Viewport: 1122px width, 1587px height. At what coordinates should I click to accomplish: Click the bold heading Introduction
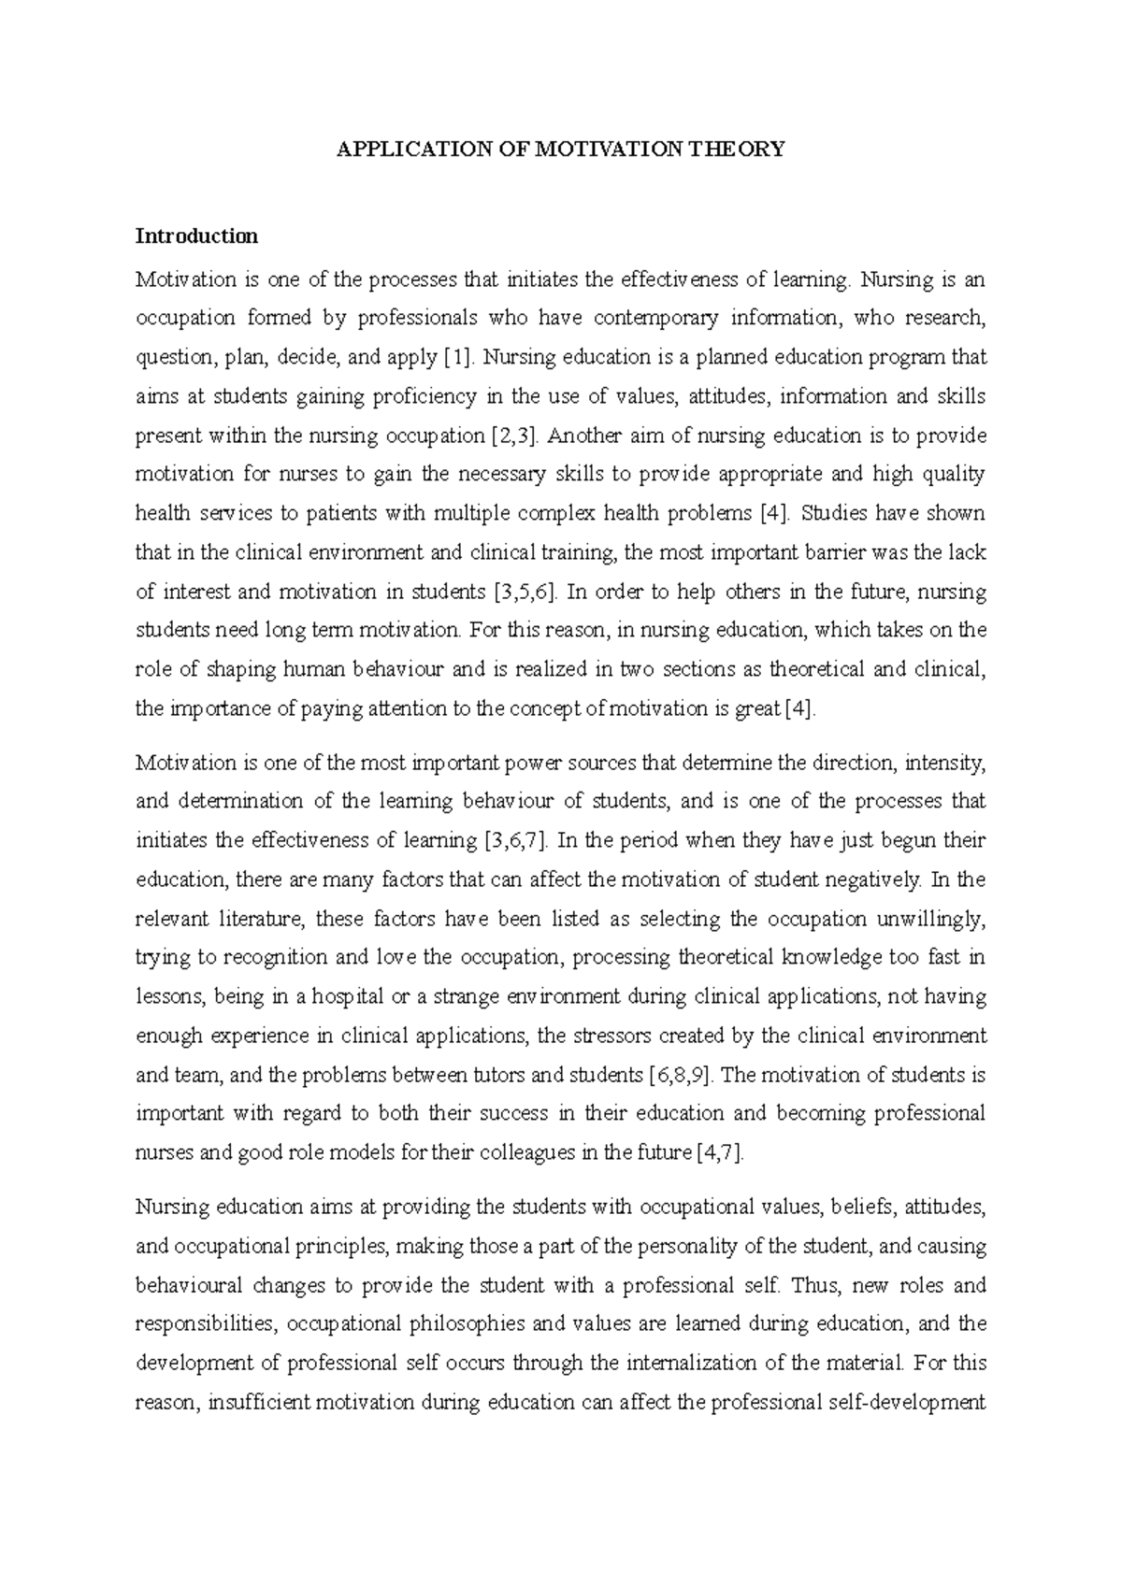tap(196, 236)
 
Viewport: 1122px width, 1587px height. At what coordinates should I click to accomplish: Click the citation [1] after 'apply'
tap(458, 357)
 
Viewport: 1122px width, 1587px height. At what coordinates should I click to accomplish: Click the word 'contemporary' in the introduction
tap(657, 318)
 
